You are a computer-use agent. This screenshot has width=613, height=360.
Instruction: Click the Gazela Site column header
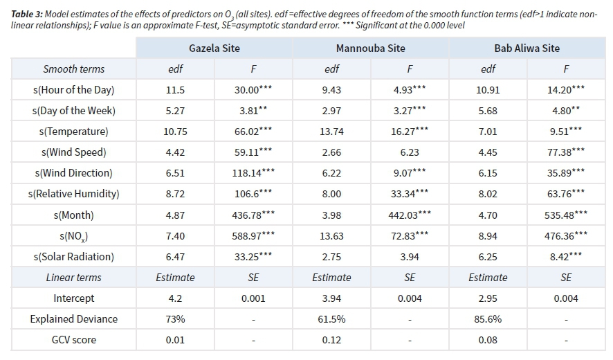point(214,48)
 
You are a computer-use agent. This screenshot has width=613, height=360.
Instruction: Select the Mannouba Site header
point(370,48)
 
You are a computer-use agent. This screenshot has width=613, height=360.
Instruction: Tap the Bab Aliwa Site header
point(527,48)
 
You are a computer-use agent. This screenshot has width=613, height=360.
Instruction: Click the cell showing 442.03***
point(410,215)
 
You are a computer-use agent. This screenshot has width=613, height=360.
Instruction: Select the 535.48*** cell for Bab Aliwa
point(566,215)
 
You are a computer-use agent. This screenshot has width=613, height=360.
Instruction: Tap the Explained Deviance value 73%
point(175,319)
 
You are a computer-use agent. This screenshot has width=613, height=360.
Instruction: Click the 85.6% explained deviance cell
point(488,319)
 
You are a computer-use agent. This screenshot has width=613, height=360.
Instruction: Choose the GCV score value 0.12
point(331,340)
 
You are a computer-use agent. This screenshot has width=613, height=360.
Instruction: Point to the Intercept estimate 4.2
point(175,298)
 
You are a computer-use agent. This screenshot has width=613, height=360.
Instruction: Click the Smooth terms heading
point(74,69)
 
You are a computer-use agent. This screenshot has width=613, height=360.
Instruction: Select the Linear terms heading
point(74,278)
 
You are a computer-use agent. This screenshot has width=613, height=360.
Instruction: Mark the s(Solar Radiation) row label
point(75,257)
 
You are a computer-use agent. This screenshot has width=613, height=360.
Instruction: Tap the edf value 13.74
point(331,132)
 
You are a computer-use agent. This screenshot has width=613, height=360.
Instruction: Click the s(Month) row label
point(74,215)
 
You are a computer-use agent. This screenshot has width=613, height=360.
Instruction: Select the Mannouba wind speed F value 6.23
point(410,152)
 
